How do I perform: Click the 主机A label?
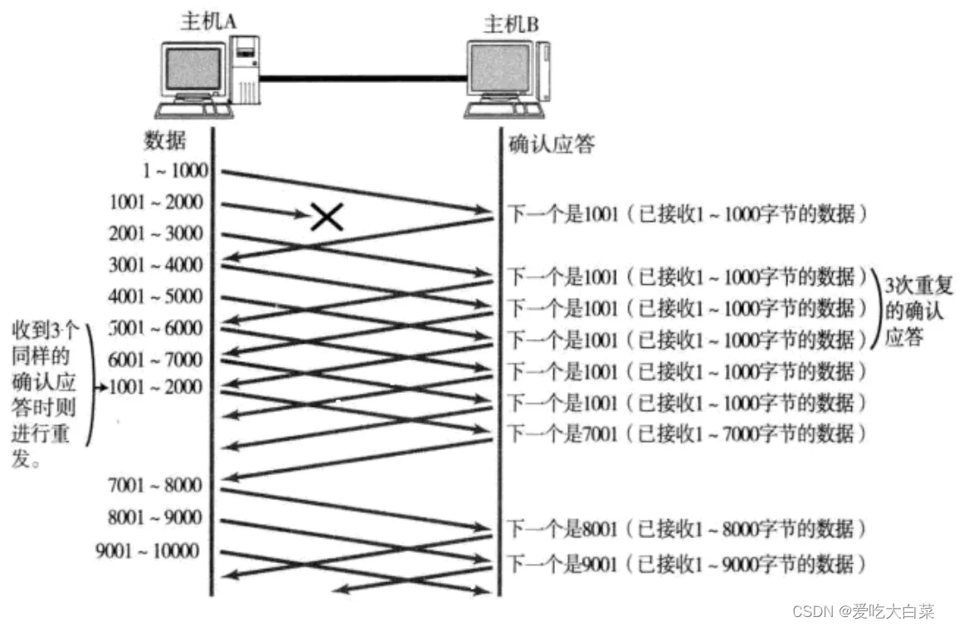coord(207,22)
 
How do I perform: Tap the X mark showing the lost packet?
coord(328,217)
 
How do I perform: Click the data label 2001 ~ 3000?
coord(155,233)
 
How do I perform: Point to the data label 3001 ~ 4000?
coord(155,265)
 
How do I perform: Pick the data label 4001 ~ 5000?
coord(155,296)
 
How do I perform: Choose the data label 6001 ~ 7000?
coord(155,360)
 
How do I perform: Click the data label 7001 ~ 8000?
coord(155,484)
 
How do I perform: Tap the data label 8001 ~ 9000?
coord(155,517)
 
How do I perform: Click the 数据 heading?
coord(163,140)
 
